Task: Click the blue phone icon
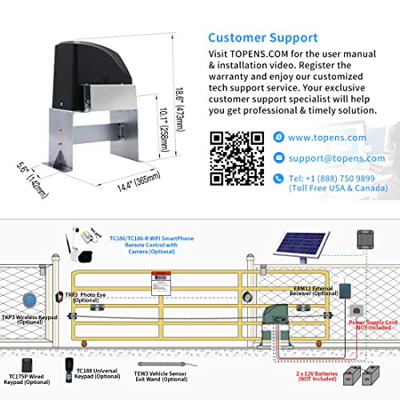[277, 177]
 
